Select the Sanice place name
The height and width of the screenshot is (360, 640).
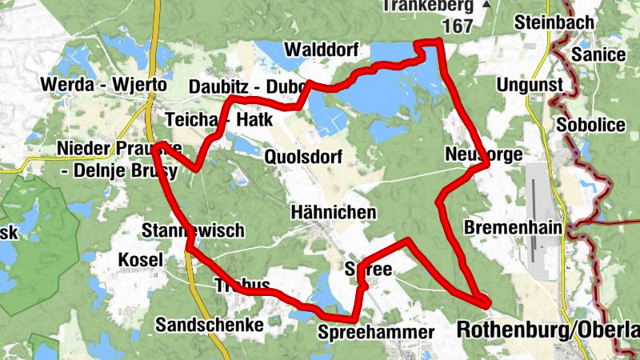(x=598, y=54)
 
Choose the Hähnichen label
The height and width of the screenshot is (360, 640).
(x=334, y=213)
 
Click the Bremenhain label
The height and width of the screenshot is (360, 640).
(x=513, y=228)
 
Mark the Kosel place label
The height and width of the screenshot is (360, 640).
(x=140, y=259)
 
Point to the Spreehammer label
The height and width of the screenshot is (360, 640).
(x=375, y=332)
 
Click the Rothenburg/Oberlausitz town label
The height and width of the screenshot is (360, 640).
(x=547, y=330)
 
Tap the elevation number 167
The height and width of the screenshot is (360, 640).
(x=456, y=26)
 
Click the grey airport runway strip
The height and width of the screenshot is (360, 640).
(x=534, y=228)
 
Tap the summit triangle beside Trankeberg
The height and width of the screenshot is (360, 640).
(x=487, y=4)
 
